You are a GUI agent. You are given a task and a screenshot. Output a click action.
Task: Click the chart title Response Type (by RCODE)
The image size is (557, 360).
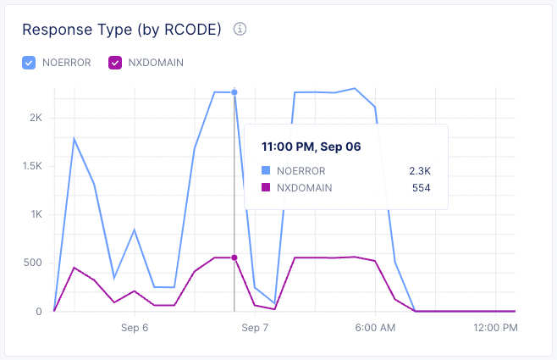(x=122, y=30)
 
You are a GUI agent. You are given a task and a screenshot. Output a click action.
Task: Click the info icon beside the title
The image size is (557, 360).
(x=240, y=30)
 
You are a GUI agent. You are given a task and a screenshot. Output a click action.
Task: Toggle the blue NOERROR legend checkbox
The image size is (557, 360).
(x=29, y=62)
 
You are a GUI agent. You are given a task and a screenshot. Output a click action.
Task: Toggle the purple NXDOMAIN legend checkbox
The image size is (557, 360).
(x=114, y=62)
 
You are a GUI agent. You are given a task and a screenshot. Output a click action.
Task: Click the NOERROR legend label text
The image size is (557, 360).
(x=66, y=62)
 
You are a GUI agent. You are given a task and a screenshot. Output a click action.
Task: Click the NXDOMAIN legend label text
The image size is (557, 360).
(x=155, y=62)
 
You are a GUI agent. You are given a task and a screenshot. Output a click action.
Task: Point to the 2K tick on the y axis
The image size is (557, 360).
(x=36, y=118)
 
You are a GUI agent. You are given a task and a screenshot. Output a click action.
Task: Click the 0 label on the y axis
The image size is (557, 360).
(x=39, y=311)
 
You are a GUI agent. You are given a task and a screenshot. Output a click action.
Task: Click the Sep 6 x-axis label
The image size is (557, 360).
(x=135, y=327)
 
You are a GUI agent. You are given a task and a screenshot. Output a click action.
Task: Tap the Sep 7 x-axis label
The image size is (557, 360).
(x=255, y=327)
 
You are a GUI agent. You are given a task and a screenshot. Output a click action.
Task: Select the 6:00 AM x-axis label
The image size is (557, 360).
(x=375, y=327)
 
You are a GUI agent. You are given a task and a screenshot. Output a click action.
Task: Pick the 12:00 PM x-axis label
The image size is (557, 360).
(x=495, y=327)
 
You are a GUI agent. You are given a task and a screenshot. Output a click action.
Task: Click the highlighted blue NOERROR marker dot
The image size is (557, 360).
(x=234, y=92)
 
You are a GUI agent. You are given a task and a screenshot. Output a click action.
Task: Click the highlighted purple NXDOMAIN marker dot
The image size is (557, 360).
(x=234, y=258)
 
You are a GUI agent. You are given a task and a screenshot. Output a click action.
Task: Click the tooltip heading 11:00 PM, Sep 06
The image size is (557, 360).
(x=311, y=147)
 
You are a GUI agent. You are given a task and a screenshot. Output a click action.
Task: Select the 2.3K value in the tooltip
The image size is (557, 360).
(x=420, y=170)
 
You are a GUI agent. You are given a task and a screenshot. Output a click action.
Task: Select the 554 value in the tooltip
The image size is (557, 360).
(x=422, y=187)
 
